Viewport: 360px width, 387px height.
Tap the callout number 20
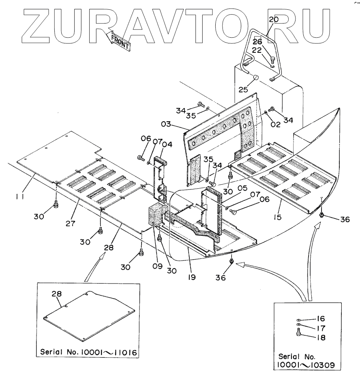pos(274,19)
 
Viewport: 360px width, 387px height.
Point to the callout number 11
pos(19,197)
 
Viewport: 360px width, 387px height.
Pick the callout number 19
pos(191,277)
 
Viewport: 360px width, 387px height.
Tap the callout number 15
pos(277,217)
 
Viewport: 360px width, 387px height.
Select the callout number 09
pos(157,267)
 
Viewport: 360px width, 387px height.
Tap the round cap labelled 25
pos(256,78)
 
